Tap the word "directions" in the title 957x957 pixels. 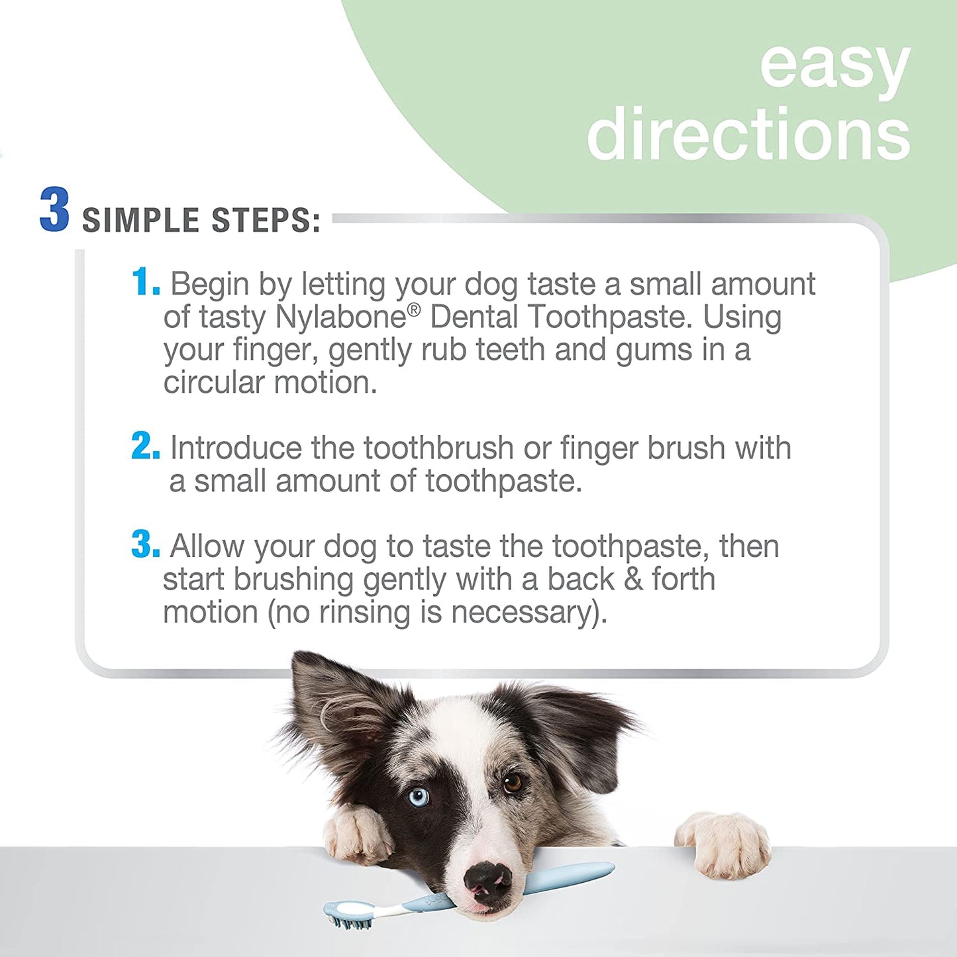748,132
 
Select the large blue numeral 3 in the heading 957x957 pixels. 54,209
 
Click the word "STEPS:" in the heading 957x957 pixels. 266,220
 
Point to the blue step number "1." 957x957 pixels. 146,282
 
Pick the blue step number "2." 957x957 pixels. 146,446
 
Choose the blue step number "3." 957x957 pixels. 146,544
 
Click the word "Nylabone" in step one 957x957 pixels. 340,319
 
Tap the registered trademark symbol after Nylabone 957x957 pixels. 414,310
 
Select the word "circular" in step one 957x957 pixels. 214,382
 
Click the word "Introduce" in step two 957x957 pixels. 236,448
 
